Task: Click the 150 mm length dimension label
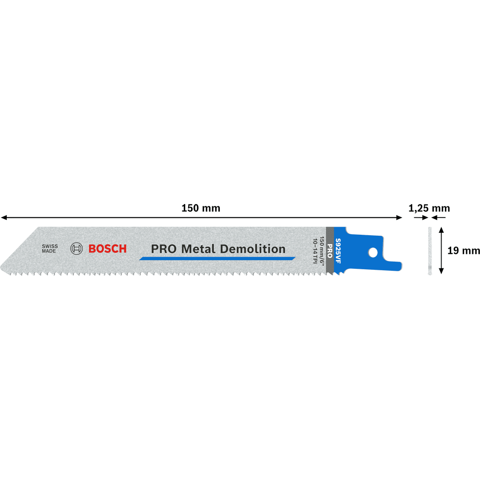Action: [201, 208]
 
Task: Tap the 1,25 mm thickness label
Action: [429, 208]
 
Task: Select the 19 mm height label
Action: [463, 250]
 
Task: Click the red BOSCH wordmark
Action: [108, 249]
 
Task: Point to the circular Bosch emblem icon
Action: [77, 249]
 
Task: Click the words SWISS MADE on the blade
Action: [49, 249]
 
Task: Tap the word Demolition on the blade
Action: [252, 249]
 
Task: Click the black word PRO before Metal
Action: [162, 249]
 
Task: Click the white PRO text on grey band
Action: [330, 251]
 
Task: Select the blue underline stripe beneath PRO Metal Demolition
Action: [217, 259]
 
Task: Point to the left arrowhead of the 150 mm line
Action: [4, 218]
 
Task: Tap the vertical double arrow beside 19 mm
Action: [441, 250]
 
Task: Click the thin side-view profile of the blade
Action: [429, 251]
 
